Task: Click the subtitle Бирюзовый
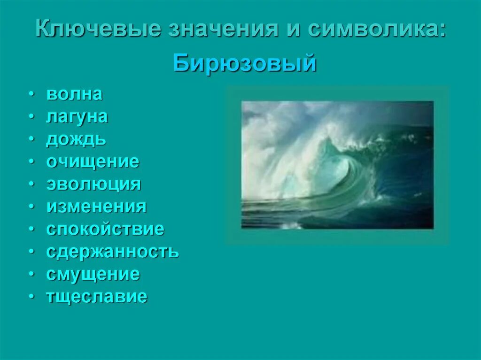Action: (244, 63)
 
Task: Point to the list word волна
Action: (74, 94)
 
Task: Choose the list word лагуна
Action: (77, 117)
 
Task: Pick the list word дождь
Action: (76, 139)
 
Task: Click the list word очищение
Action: (93, 162)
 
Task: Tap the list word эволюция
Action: (93, 184)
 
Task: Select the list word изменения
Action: (96, 207)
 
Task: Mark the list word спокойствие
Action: (105, 229)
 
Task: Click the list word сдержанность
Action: (112, 252)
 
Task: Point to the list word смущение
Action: (93, 274)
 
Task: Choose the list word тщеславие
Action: (97, 297)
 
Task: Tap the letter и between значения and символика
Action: (291, 31)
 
